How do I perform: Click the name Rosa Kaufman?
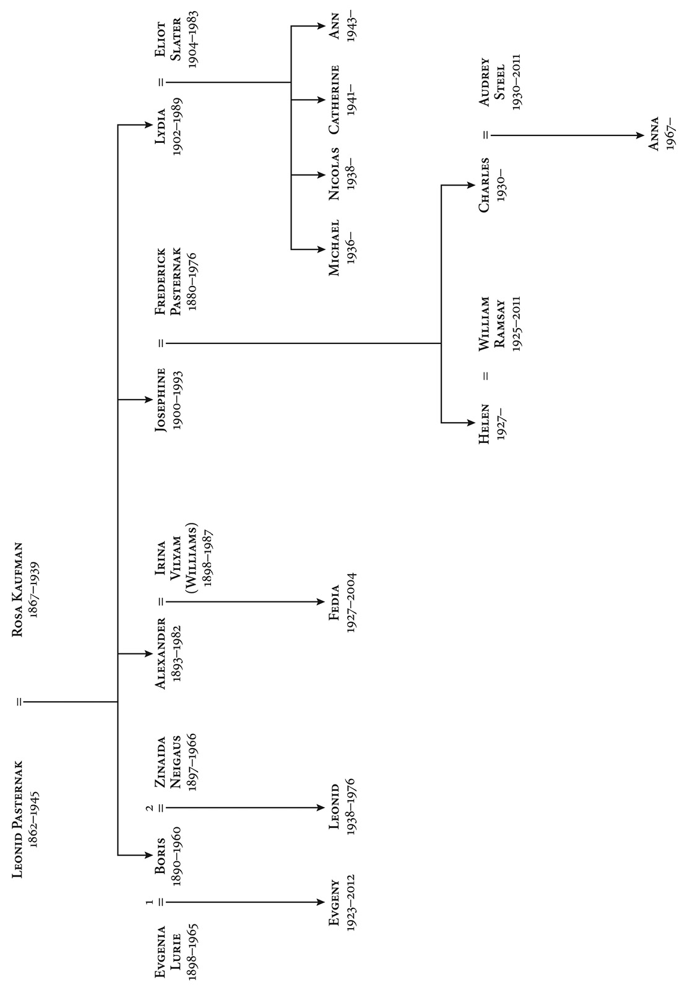tap(17, 590)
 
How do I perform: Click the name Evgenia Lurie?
tap(168, 952)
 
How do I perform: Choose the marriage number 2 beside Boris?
tap(150, 808)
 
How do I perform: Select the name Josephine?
tap(160, 400)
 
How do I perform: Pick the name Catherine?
tap(334, 100)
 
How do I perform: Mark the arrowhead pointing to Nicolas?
tap(321, 175)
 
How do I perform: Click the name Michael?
tap(334, 248)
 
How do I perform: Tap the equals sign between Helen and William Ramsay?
tap(486, 376)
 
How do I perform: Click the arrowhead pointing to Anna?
tap(640, 136)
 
